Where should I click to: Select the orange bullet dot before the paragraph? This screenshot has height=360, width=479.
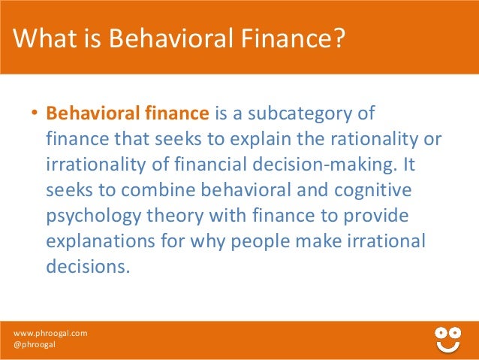pyautogui.click(x=34, y=116)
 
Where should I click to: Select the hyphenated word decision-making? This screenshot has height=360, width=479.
pyautogui.click(x=324, y=166)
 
